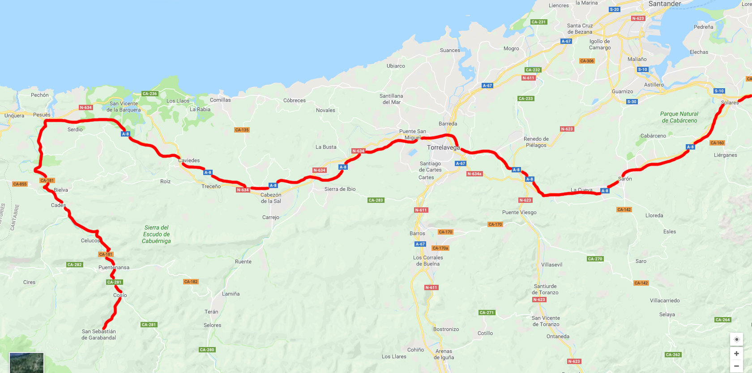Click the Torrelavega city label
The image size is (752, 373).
click(443, 147)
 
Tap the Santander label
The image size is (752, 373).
click(664, 4)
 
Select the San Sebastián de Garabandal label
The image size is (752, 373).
click(98, 334)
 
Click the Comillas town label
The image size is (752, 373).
click(220, 100)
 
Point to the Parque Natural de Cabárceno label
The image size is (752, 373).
click(679, 117)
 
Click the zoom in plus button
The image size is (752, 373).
click(736, 354)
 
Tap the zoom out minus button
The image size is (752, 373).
click(736, 366)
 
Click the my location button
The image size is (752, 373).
click(736, 339)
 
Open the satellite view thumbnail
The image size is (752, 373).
click(26, 363)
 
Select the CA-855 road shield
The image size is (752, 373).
click(20, 184)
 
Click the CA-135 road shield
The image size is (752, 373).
click(242, 130)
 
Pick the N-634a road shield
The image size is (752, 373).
click(474, 174)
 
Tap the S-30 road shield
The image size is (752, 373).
click(632, 102)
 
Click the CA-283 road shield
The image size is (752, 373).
click(376, 200)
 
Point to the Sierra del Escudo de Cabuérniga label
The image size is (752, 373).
click(156, 234)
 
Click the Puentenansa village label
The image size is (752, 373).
click(114, 267)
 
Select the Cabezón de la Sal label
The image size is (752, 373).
click(271, 198)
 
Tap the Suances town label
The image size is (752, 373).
click(450, 50)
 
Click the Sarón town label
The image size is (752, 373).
click(625, 179)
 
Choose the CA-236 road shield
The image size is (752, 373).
click(150, 94)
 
